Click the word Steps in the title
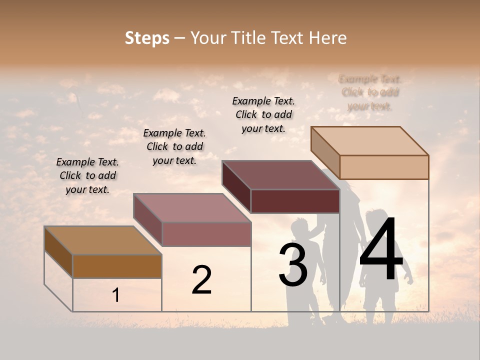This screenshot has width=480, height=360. tap(147, 38)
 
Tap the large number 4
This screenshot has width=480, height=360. tap(381, 250)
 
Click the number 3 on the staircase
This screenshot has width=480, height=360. tap(293, 264)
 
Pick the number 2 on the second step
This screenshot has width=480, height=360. tap(201, 280)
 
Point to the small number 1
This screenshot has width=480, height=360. tap(116, 295)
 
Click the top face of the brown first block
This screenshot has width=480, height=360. tap(103, 240)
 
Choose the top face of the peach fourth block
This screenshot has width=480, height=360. tap(369, 141)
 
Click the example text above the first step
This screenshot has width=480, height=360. tap(87, 175)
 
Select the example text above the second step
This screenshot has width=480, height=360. tap(174, 146)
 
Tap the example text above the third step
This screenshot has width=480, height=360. tap(263, 114)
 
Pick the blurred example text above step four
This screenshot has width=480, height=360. tap(370, 92)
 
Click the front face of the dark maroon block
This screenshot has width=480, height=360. tap(295, 201)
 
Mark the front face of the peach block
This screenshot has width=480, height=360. tap(384, 167)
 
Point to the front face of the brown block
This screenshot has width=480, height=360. tap(117, 266)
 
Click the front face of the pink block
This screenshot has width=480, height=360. tap(206, 234)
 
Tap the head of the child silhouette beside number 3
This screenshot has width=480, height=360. tap(300, 227)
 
